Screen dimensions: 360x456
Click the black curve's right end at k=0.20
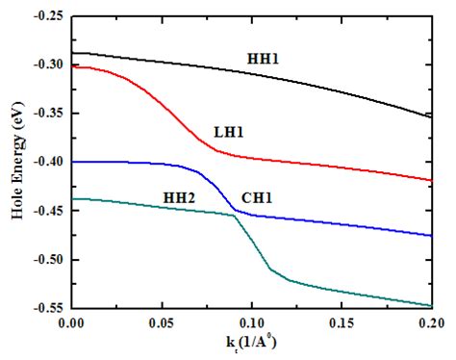pyautogui.click(x=433, y=116)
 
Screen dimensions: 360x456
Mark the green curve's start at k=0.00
pyautogui.click(x=71, y=198)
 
